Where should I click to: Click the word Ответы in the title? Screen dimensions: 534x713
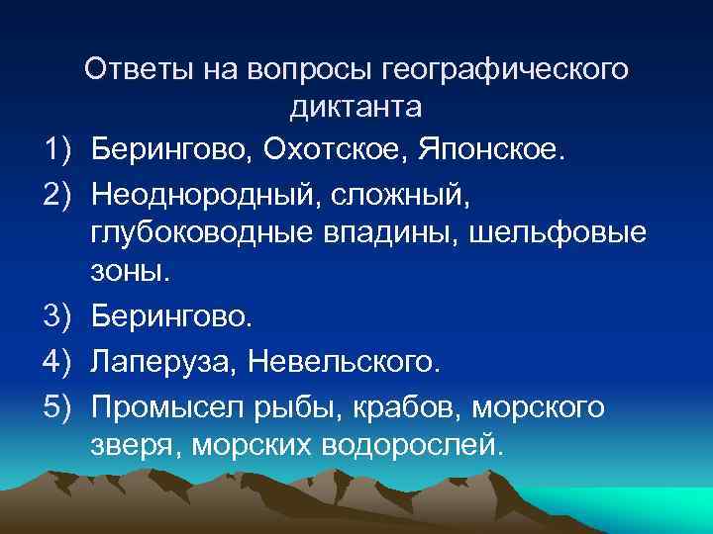pyautogui.click(x=140, y=69)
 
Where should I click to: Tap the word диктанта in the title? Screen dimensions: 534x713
pyautogui.click(x=356, y=107)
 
